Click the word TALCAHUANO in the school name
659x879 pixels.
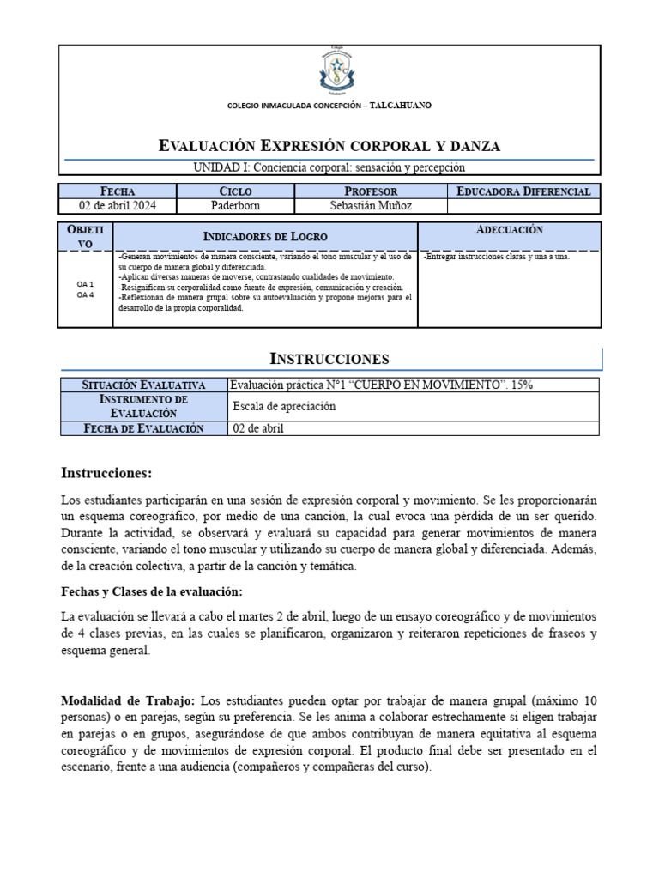click(x=399, y=106)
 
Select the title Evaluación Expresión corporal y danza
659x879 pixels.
click(x=329, y=146)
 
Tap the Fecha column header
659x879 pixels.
click(x=118, y=191)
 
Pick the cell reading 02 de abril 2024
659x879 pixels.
click(x=118, y=206)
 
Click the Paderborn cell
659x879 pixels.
click(x=235, y=206)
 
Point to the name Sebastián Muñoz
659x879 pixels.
click(x=371, y=206)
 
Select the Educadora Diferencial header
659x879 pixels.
click(x=523, y=191)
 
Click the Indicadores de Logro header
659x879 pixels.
click(x=265, y=236)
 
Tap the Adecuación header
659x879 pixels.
click(x=509, y=230)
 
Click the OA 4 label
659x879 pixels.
click(x=85, y=295)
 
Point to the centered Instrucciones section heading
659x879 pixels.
click(x=329, y=358)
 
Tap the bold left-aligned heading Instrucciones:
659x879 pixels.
click(x=106, y=473)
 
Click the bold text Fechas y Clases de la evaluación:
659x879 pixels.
click(x=152, y=592)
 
